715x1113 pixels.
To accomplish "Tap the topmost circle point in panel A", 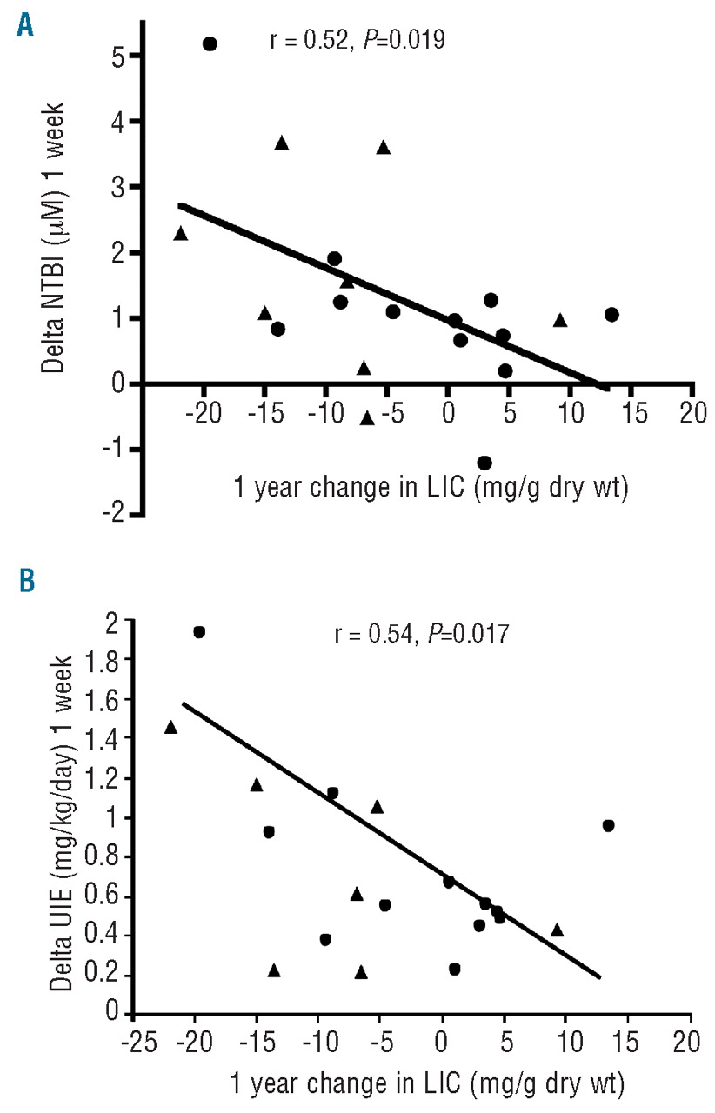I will (210, 43).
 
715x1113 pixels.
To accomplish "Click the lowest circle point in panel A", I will (484, 463).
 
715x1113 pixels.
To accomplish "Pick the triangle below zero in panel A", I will (367, 418).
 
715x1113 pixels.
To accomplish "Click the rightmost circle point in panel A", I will (611, 314).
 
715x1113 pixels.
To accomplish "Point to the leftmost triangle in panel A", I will (181, 233).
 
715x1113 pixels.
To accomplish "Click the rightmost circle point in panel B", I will (609, 825).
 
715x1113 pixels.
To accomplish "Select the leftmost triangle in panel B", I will (170, 727).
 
